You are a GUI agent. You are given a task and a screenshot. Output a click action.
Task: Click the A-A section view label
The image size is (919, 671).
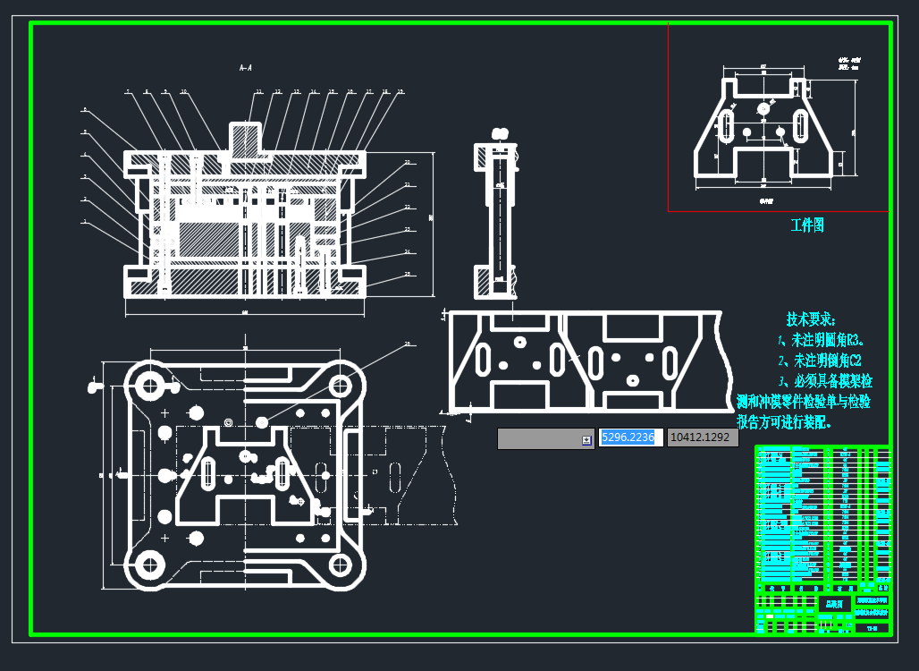click(245, 67)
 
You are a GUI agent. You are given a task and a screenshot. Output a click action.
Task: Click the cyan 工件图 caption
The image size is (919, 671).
click(807, 225)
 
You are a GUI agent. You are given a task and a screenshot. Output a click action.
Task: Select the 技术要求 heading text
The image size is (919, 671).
click(811, 319)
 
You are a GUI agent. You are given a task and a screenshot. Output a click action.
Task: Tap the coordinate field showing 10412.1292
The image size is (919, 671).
click(703, 437)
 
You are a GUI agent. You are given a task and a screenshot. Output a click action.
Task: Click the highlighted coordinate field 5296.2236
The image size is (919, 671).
click(630, 437)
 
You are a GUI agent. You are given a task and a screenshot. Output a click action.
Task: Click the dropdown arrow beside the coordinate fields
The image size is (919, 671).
click(586, 439)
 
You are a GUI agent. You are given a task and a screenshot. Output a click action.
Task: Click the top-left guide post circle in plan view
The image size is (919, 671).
click(149, 386)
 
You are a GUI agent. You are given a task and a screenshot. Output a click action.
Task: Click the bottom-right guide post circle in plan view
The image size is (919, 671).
click(340, 565)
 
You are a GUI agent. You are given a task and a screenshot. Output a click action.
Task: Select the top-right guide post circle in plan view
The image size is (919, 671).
click(340, 386)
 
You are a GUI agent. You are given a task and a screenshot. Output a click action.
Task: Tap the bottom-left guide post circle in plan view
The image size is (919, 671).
click(149, 565)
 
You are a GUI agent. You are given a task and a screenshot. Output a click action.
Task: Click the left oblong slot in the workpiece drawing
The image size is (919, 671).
click(728, 125)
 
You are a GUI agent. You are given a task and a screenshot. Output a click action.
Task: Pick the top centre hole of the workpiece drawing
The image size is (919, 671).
click(763, 108)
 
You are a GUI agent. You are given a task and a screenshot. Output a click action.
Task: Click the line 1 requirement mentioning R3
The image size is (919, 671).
click(820, 341)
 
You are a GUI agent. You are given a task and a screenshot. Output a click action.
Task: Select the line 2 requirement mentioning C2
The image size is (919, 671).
click(820, 361)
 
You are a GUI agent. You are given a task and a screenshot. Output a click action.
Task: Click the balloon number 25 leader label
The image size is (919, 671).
click(407, 273)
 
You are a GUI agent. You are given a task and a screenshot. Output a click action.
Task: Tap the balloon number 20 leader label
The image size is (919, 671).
click(407, 162)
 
